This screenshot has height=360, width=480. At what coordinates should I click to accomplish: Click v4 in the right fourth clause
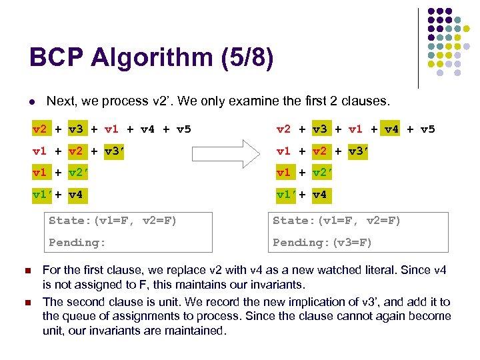(319, 195)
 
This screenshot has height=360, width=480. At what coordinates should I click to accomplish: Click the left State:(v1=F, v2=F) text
(113, 221)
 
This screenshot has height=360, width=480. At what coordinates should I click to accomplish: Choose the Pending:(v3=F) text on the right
(323, 242)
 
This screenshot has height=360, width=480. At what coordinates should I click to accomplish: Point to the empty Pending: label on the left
(77, 242)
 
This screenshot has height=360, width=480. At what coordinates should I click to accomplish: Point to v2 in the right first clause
(284, 129)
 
